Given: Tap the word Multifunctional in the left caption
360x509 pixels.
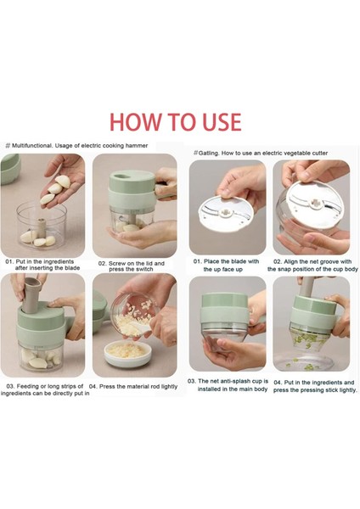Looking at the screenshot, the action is click(32, 145).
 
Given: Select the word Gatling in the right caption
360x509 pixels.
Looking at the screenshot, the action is click(209, 154).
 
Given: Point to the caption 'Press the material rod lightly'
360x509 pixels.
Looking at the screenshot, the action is click(133, 386).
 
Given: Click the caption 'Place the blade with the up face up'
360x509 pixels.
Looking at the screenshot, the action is click(226, 266).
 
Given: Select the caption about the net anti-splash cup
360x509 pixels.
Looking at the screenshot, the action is click(228, 385).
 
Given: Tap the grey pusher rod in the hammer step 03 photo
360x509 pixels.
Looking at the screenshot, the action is click(31, 294).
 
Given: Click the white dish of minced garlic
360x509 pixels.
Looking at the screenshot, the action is click(127, 355).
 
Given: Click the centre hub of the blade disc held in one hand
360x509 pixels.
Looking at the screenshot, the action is click(225, 213).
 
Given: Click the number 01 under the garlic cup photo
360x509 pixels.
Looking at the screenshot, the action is click(9, 261).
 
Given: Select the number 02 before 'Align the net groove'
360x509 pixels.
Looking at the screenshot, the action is click(278, 261).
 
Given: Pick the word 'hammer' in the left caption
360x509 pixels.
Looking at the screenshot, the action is click(138, 145).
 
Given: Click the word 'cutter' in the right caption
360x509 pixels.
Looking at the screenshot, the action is click(319, 154).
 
